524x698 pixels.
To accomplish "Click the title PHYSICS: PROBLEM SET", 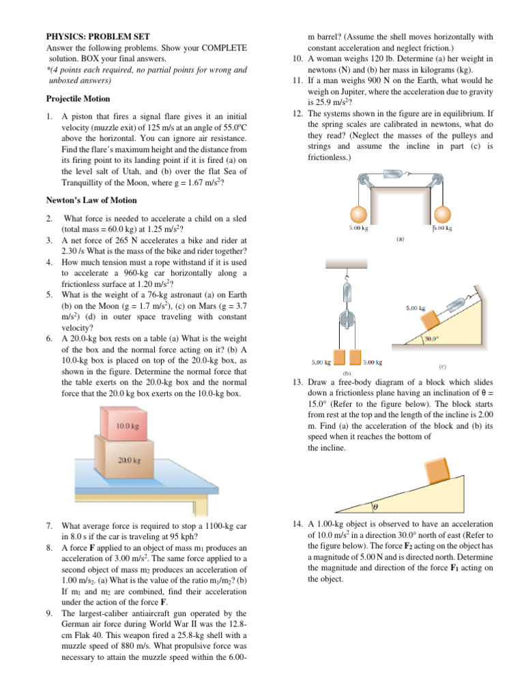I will (102, 36).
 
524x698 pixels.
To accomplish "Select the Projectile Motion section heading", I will (78, 98).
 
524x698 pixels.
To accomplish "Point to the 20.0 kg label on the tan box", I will (129, 459).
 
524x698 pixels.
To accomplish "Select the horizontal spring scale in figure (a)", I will (394, 175).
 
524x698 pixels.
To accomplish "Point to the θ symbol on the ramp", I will (375, 507).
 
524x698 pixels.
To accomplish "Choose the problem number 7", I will (50, 526).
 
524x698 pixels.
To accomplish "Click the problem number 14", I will (295, 523).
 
